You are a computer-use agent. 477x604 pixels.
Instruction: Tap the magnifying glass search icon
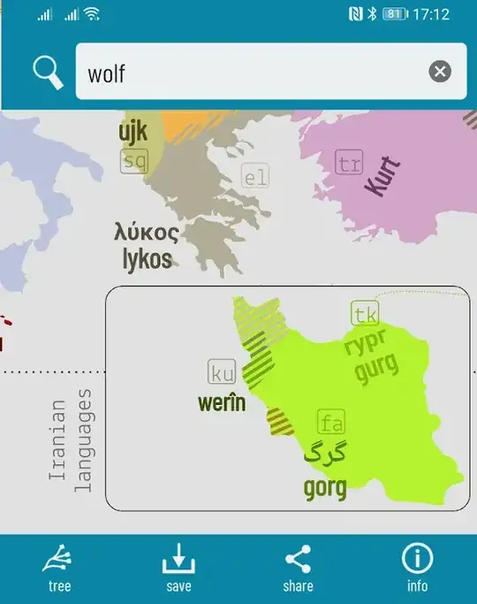pyautogui.click(x=49, y=72)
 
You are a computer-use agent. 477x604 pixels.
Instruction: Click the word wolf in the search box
pyautogui.click(x=106, y=73)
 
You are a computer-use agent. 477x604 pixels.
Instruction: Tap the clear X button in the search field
pyautogui.click(x=440, y=72)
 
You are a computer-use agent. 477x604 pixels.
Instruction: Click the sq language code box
pyautogui.click(x=134, y=161)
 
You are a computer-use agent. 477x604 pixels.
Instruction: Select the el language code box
pyautogui.click(x=254, y=178)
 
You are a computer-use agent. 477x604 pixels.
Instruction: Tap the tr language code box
pyautogui.click(x=349, y=163)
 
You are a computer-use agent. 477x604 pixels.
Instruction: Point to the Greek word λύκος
pyautogui.click(x=147, y=233)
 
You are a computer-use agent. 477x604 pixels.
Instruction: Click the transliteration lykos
pyautogui.click(x=148, y=258)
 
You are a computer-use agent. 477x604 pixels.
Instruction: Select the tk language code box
pyautogui.click(x=365, y=314)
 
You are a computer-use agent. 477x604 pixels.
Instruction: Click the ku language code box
pyautogui.click(x=222, y=372)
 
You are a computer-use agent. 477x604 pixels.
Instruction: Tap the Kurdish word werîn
pyautogui.click(x=221, y=402)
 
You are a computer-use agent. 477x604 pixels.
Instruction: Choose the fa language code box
pyautogui.click(x=331, y=423)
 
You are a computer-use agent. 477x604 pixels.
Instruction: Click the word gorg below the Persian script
pyautogui.click(x=325, y=486)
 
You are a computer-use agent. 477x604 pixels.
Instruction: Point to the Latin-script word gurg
pyautogui.click(x=377, y=366)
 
